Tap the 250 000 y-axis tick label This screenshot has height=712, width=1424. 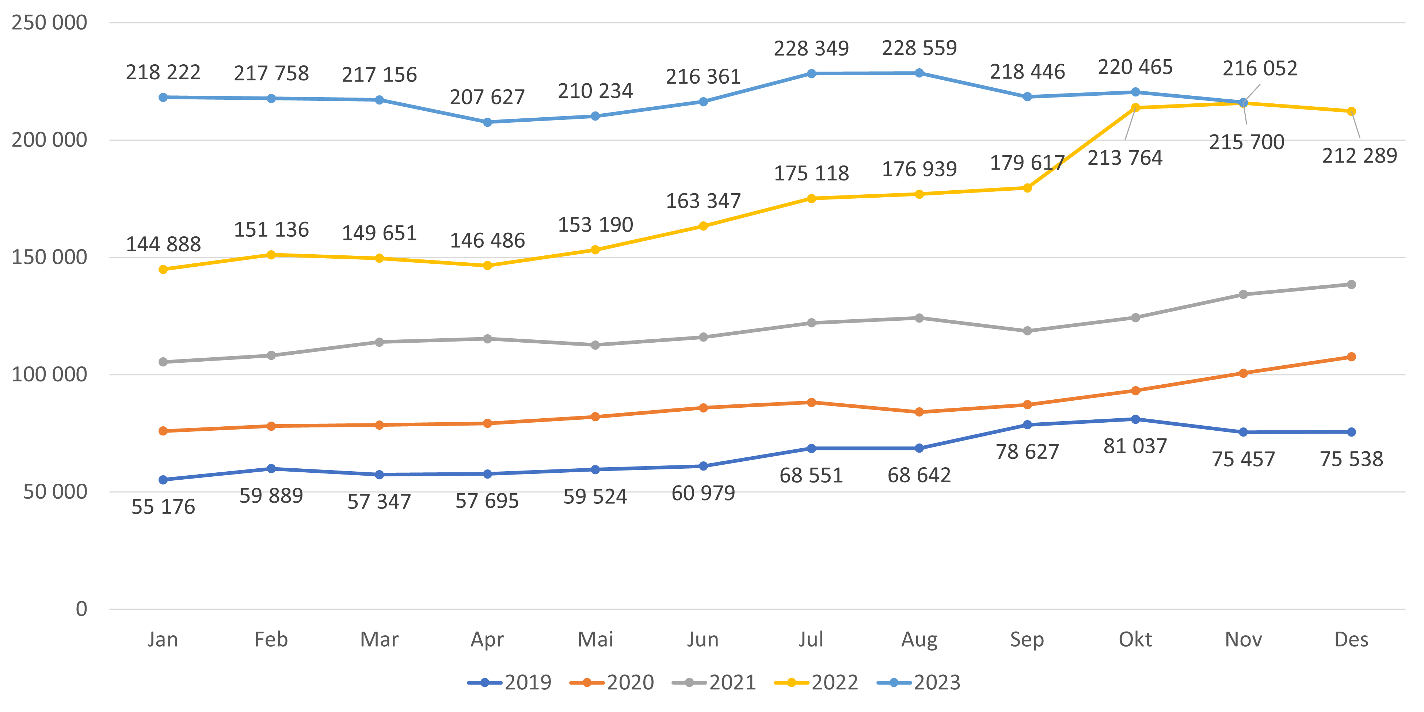(x=49, y=23)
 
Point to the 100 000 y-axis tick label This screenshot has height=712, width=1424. (x=49, y=374)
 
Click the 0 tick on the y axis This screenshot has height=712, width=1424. (x=81, y=609)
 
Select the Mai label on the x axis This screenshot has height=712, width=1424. (x=595, y=640)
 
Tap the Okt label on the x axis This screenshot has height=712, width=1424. (x=1135, y=640)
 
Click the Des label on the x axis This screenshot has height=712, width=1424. (x=1351, y=640)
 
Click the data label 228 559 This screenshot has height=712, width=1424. (x=919, y=48)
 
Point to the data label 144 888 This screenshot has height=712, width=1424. (x=163, y=244)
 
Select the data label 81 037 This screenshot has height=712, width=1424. (x=1135, y=446)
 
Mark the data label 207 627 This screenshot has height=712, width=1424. (x=487, y=97)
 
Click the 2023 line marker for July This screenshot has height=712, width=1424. (x=811, y=73)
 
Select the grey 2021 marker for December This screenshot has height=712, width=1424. (x=1351, y=284)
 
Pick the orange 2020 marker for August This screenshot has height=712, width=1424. (x=919, y=412)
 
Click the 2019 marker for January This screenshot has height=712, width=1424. (x=163, y=480)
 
